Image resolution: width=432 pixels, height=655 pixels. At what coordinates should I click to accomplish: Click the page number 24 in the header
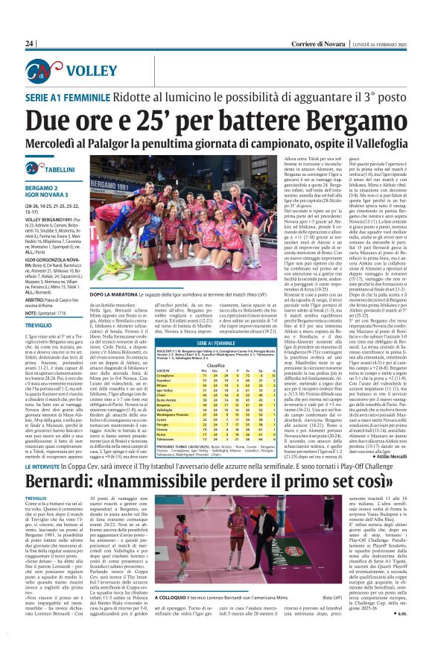(29, 44)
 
